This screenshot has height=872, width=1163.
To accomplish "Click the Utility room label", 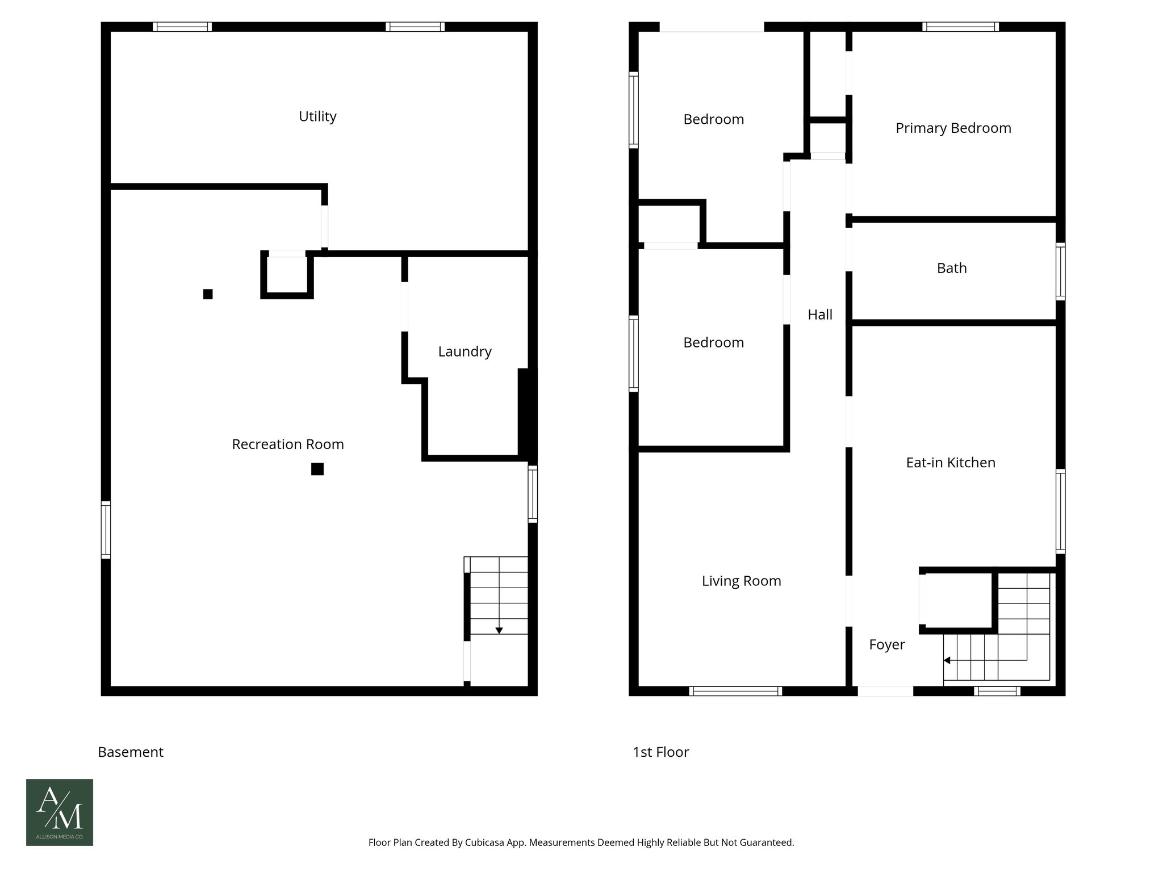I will coord(317,116).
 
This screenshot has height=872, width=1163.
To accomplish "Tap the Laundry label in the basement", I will coord(465,351).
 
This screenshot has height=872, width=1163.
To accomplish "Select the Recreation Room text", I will coord(288,444).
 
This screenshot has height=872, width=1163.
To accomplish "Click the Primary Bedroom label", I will coord(953,128).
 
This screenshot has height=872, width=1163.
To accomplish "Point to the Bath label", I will coord(951,268).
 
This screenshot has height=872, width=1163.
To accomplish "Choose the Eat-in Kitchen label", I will coord(950,463).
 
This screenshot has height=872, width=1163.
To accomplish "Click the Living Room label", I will coord(741,581).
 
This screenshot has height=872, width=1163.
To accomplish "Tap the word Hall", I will coord(819,315).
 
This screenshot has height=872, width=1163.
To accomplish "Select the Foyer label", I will coord(886,644).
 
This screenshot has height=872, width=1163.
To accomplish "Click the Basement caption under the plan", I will coord(131,752).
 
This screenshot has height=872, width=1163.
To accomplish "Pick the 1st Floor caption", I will coord(660,752).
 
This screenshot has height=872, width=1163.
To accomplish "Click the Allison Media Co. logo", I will coord(60,812).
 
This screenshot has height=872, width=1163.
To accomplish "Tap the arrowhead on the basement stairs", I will coord(499,631).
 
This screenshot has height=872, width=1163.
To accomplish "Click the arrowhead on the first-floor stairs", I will coord(947,660).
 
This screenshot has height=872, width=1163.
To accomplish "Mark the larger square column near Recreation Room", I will coord(317,469).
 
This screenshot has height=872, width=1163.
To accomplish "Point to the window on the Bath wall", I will coord(1060,271).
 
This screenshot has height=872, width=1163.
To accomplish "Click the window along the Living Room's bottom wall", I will coord(735,691).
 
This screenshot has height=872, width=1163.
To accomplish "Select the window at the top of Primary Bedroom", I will coord(960,27).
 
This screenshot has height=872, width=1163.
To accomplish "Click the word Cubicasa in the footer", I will coord(486,842).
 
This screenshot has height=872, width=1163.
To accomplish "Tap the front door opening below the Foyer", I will coord(885,691).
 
